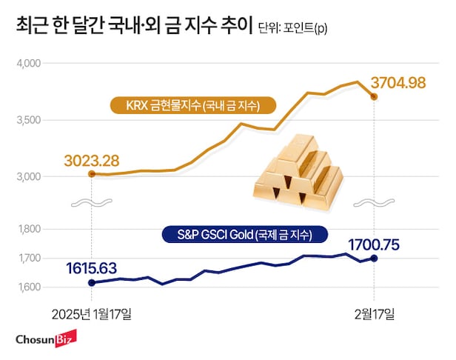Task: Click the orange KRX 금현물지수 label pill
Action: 192,105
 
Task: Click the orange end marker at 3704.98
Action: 375,97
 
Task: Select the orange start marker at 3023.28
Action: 91,174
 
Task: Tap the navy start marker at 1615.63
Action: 91,282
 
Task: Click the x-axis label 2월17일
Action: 375,314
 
